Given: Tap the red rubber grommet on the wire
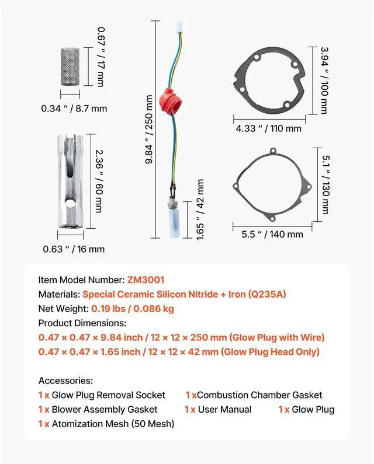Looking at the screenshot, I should pos(171,100).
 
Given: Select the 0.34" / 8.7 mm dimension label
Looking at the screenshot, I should pos(74,108).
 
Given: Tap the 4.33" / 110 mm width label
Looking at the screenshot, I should pos(269,128).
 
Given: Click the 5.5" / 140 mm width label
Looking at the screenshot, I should pos(272,234).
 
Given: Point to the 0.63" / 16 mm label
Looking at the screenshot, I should pos(74,249).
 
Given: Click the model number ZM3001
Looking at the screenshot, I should pos(145,280).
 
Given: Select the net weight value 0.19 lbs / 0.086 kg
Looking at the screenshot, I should pos(132,309).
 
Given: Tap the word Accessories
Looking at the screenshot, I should pos(65,380).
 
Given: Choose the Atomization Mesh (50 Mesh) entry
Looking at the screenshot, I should pos(113,424).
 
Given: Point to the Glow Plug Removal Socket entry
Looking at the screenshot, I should pos(108,395).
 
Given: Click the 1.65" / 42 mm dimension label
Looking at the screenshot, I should pos(200,210).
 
